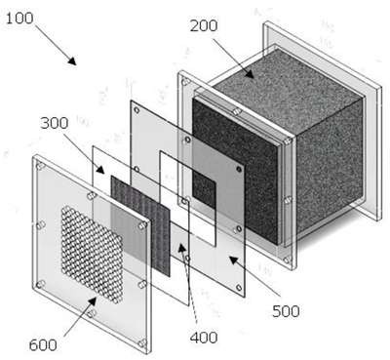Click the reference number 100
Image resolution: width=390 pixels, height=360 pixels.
click(19, 18)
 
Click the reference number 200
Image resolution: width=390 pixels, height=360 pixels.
click(204, 25)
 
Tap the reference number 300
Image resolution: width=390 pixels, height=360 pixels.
click(55, 123)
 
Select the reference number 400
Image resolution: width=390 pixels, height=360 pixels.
click(204, 338)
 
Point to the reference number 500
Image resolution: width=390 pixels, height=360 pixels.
click(286, 311)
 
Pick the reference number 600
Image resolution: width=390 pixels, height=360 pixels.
click(43, 345)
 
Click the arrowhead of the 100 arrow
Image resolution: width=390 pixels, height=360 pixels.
click(72, 60)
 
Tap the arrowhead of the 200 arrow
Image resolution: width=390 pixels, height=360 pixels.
click(249, 73)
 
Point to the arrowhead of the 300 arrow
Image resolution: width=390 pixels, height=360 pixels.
click(100, 170)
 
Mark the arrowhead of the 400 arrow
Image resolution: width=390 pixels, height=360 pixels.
click(181, 248)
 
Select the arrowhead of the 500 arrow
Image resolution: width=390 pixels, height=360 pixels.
click(234, 260)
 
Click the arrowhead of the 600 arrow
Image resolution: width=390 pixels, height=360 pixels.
click(93, 300)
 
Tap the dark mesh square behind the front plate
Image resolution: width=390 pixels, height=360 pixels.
click(140, 225)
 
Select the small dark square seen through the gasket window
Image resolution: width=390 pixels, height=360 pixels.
click(204, 188)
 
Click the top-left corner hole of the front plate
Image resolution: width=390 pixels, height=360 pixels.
click(40, 166)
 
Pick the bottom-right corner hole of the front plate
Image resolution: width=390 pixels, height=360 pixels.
click(142, 343)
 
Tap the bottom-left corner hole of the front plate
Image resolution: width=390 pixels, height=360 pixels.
click(40, 285)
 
